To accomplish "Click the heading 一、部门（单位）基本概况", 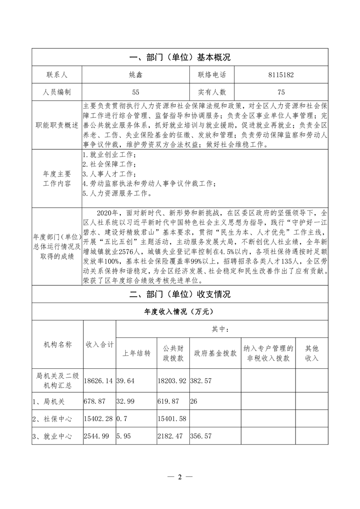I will (180, 58).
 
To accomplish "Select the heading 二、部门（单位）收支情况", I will (180, 294).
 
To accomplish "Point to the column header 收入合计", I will (99, 344).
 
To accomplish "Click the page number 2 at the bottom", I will (180, 477).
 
